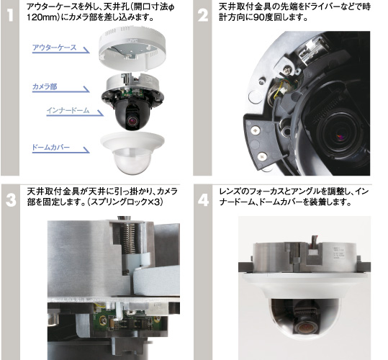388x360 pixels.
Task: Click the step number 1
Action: [10, 15]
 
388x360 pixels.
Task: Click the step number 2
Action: [203, 15]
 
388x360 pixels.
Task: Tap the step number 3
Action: [11, 200]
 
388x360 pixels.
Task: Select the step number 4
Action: [203, 200]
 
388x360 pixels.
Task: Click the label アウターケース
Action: [54, 48]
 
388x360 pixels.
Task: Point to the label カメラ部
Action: [45, 86]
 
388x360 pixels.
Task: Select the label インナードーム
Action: [68, 110]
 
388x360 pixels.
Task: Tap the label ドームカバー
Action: [50, 147]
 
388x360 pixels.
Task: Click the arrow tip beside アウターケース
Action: [89, 53]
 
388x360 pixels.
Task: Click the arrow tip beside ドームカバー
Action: [89, 153]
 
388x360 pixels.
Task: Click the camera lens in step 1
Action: [132, 120]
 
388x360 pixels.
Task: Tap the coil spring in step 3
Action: [128, 239]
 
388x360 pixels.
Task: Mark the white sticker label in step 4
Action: [338, 253]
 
